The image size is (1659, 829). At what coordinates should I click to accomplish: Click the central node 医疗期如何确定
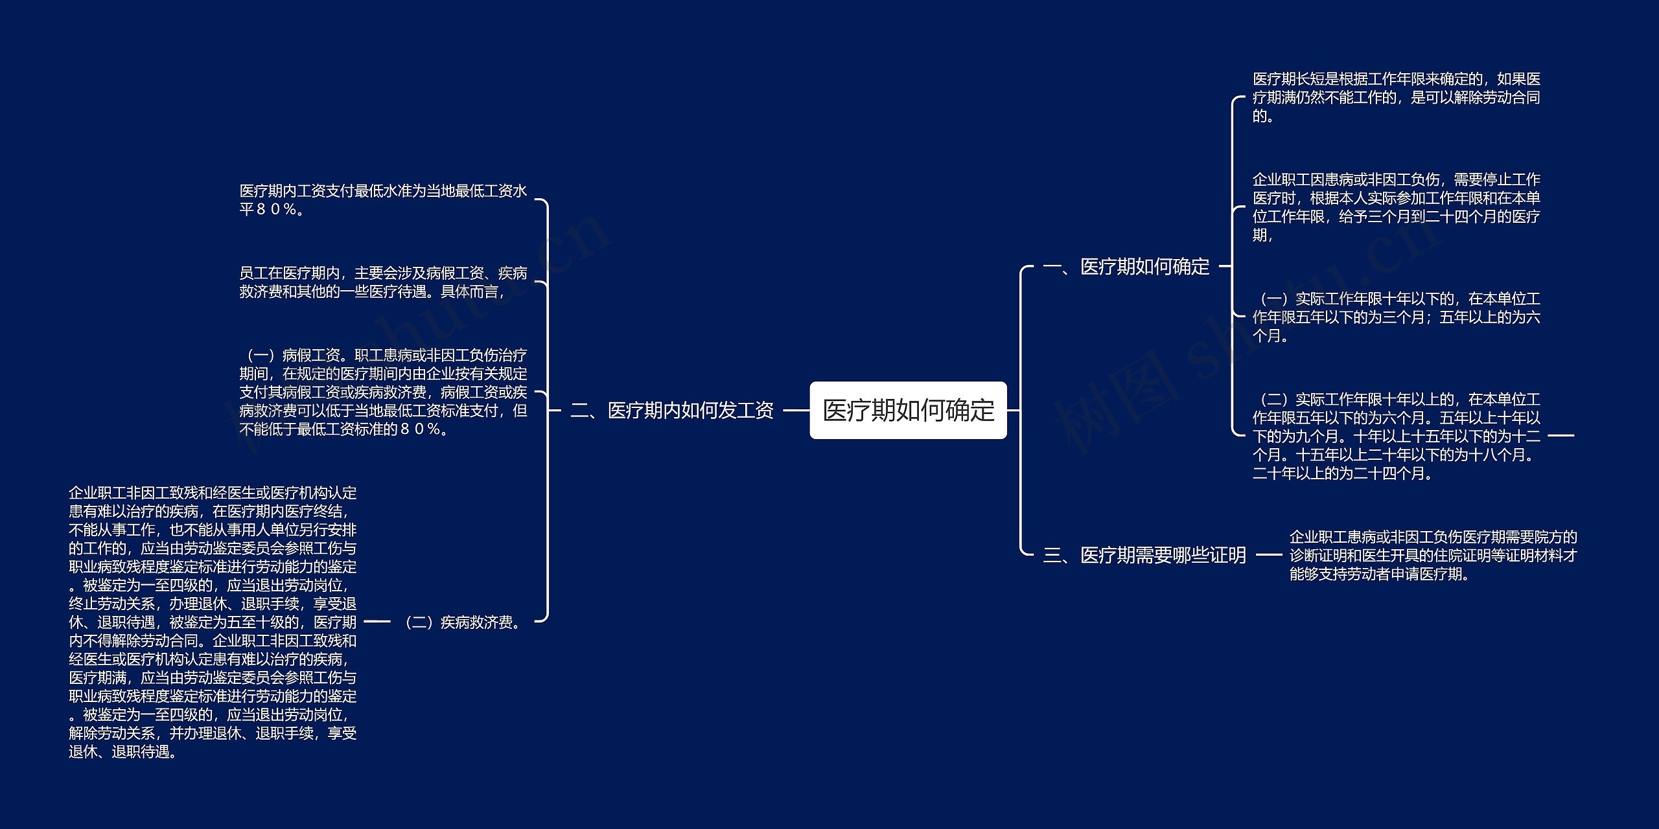pyautogui.click(x=908, y=411)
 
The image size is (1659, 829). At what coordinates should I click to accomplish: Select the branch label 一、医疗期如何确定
pyautogui.click(x=1126, y=266)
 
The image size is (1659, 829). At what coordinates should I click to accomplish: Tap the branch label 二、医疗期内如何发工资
pyautogui.click(x=672, y=411)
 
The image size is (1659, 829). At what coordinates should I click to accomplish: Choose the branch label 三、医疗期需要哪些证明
pyautogui.click(x=1144, y=555)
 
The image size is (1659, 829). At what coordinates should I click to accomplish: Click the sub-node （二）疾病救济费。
pyautogui.click(x=463, y=622)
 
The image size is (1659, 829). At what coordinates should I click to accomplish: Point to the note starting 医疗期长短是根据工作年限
pyautogui.click(x=1396, y=98)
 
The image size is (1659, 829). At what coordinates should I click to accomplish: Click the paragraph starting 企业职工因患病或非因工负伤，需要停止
pyautogui.click(x=1396, y=207)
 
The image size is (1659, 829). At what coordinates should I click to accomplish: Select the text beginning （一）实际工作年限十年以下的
pyautogui.click(x=1396, y=317)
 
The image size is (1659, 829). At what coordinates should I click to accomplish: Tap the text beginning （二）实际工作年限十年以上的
pyautogui.click(x=1396, y=437)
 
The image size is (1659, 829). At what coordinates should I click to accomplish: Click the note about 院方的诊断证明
pyautogui.click(x=1433, y=556)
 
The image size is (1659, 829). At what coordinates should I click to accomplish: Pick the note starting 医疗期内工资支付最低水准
pyautogui.click(x=383, y=200)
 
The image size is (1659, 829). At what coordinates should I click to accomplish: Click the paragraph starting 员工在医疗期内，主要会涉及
pyautogui.click(x=383, y=282)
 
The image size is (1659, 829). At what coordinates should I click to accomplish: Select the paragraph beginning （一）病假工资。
pyautogui.click(x=383, y=392)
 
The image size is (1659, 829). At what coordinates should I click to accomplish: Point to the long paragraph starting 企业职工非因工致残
pyautogui.click(x=213, y=622)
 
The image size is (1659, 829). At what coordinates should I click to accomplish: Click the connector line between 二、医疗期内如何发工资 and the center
pyautogui.click(x=796, y=411)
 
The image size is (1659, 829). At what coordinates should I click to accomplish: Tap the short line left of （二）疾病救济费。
pyautogui.click(x=377, y=622)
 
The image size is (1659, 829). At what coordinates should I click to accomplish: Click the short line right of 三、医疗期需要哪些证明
pyautogui.click(x=1268, y=555)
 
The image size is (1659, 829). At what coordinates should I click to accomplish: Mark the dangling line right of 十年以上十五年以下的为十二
pyautogui.click(x=1560, y=436)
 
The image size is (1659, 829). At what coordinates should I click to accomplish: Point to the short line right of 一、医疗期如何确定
pyautogui.click(x=1224, y=266)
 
